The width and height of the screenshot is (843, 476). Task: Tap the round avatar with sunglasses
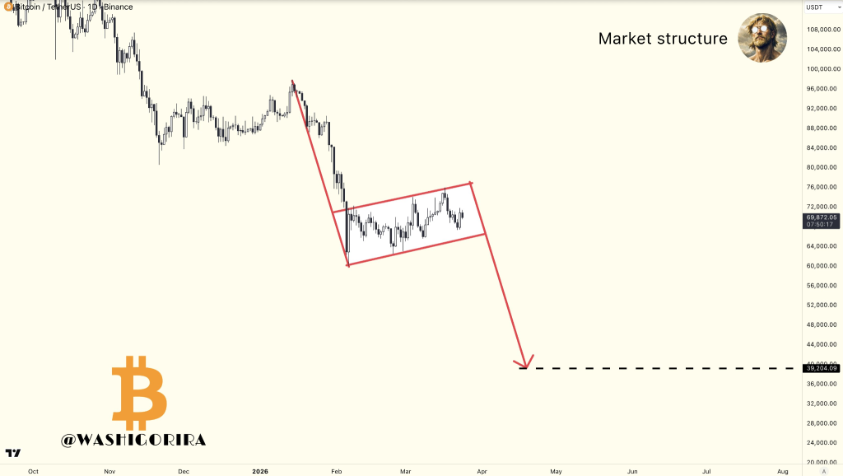pyautogui.click(x=762, y=38)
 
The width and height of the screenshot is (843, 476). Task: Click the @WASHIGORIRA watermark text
pyautogui.click(x=133, y=440)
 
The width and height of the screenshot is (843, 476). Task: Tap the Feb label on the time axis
pyautogui.click(x=336, y=472)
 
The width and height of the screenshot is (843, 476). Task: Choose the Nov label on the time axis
pyautogui.click(x=109, y=472)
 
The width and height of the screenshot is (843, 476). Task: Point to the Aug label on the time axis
pyautogui.click(x=782, y=472)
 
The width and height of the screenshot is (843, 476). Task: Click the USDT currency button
pyautogui.click(x=814, y=7)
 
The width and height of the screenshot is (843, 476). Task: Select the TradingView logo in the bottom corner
pyautogui.click(x=12, y=453)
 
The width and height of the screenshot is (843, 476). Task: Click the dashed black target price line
pyautogui.click(x=659, y=367)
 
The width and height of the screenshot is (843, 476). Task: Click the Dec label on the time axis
pyautogui.click(x=184, y=472)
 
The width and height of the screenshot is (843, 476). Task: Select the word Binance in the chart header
pyautogui.click(x=119, y=7)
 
